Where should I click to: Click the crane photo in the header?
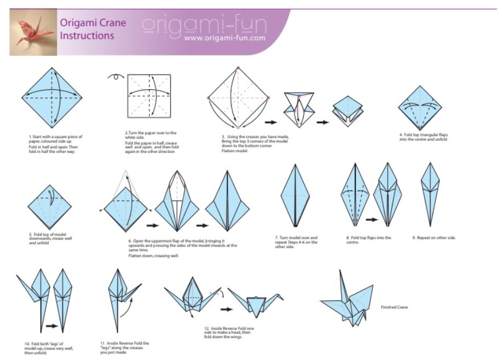[33, 33]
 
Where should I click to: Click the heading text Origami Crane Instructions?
[93, 29]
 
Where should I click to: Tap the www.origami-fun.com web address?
[224, 38]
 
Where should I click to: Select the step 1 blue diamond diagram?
[53, 97]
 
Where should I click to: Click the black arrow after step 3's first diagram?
[270, 122]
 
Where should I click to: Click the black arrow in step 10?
[51, 326]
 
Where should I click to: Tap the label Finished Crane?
[394, 307]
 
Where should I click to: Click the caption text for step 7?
[296, 241]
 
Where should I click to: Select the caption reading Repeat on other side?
[434, 238]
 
